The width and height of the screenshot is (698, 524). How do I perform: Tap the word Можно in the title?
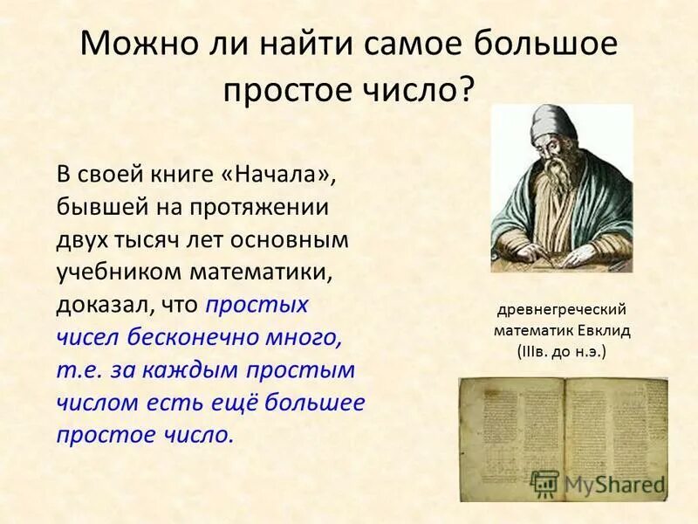point(131,45)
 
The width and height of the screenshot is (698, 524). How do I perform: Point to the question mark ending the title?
point(469,88)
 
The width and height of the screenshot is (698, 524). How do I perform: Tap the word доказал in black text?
point(97,305)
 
